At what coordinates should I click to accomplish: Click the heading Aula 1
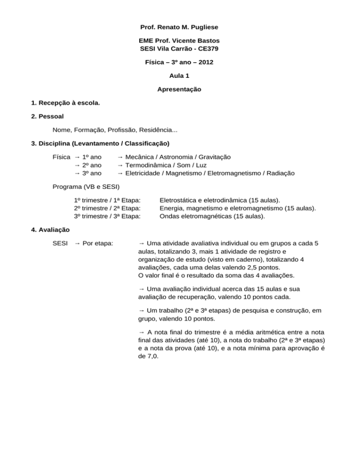pyautogui.click(x=180, y=75)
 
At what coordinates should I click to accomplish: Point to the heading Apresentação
pyautogui.click(x=180, y=89)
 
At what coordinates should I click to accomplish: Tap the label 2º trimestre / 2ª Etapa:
pyautogui.click(x=108, y=209)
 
